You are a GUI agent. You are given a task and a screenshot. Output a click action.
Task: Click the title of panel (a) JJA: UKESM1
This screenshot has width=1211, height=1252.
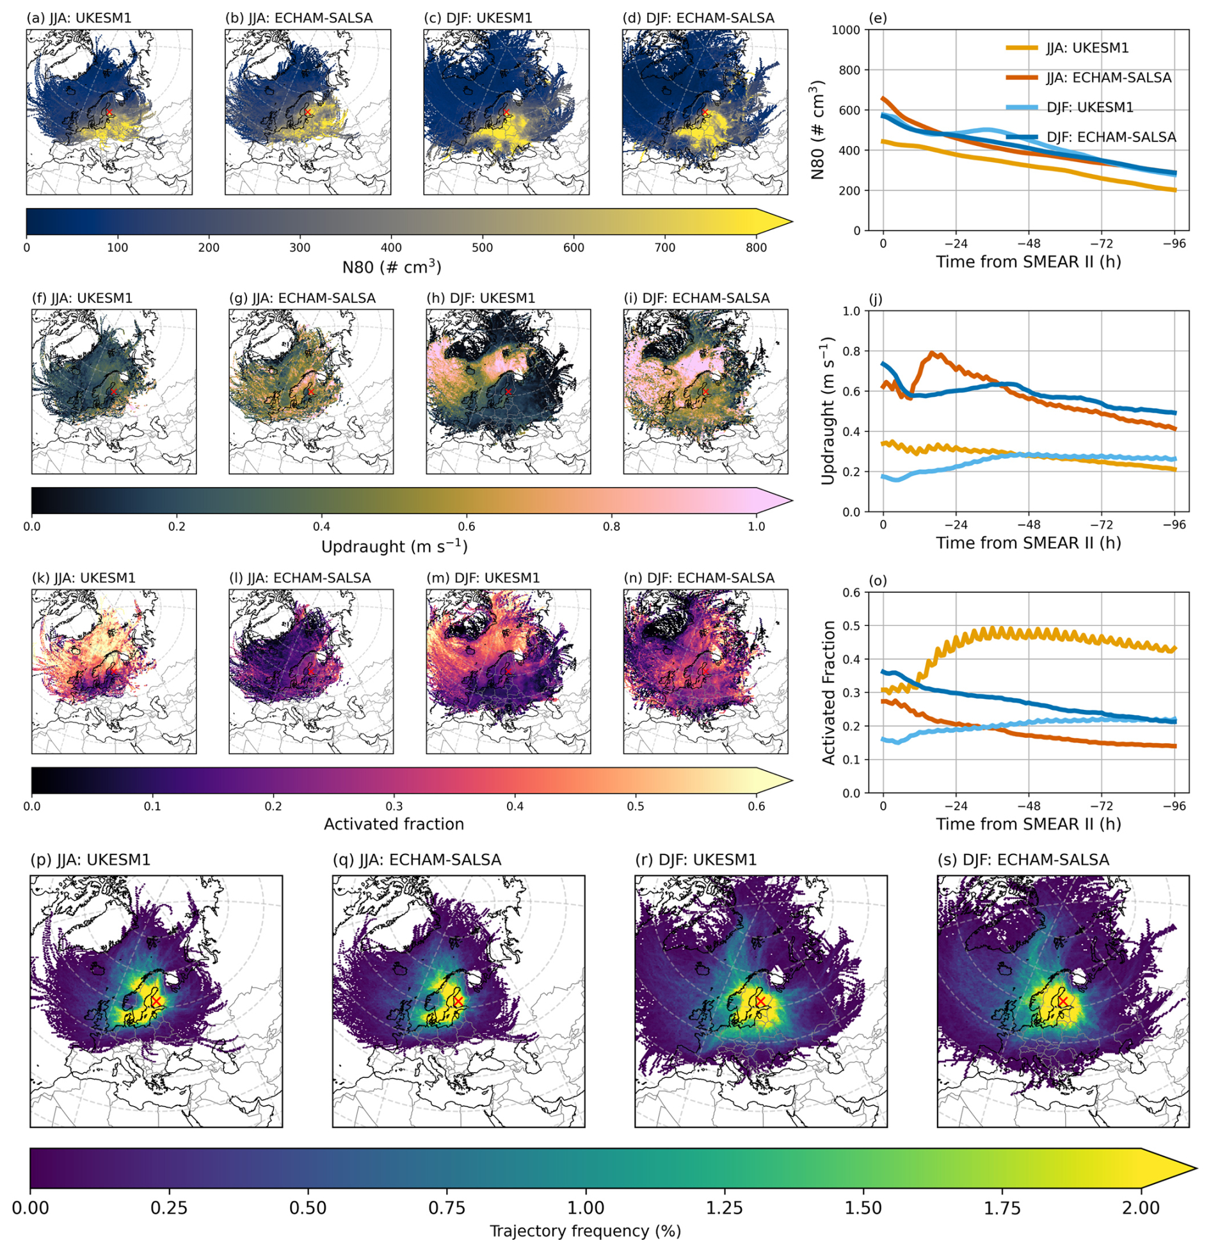pyautogui.click(x=79, y=19)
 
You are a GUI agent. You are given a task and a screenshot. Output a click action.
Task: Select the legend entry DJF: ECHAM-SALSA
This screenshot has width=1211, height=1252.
pyautogui.click(x=1111, y=137)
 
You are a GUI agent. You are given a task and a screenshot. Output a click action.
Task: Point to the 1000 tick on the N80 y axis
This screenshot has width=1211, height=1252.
pyautogui.click(x=850, y=30)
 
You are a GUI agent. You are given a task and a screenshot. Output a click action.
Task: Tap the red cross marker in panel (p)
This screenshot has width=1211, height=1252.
pyautogui.click(x=156, y=1000)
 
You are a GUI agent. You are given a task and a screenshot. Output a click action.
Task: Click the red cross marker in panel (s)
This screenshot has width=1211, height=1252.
pyautogui.click(x=1063, y=1000)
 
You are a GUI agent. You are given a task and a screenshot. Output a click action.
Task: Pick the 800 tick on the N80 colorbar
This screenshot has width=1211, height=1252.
pyautogui.click(x=756, y=248)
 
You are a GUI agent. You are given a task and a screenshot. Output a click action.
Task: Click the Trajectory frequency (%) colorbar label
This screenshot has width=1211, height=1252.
pyautogui.click(x=585, y=1231)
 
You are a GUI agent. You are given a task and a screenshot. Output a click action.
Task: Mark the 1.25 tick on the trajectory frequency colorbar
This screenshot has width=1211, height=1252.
pyautogui.click(x=725, y=1207)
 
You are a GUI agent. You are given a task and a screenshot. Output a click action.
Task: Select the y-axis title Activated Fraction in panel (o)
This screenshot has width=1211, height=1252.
pyautogui.click(x=829, y=693)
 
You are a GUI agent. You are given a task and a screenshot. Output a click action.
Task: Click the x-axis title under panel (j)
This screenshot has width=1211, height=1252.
pyautogui.click(x=1028, y=543)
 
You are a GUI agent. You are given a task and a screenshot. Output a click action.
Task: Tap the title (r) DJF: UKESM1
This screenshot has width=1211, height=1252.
pyautogui.click(x=695, y=860)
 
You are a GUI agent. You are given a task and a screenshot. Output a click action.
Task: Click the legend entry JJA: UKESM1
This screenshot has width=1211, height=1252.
pyautogui.click(x=1087, y=48)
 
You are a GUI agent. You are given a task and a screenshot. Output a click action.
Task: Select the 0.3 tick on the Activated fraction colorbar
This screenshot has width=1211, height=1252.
pyautogui.click(x=394, y=806)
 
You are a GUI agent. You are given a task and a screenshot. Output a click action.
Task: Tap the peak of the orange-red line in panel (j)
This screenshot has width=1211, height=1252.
pyautogui.click(x=932, y=353)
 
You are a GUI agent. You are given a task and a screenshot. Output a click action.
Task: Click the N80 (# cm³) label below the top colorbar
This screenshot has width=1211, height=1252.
pyautogui.click(x=392, y=267)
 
